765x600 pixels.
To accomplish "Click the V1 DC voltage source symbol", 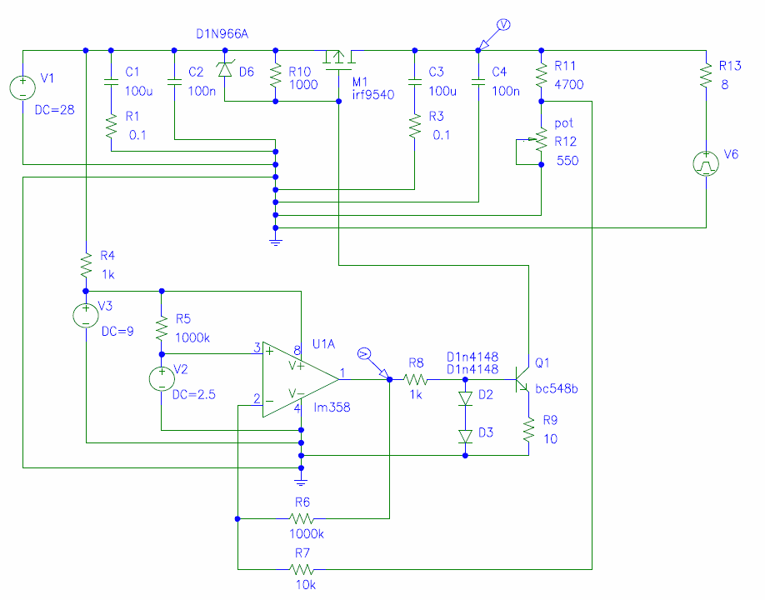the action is (x=22, y=87).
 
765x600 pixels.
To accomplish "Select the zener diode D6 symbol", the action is (x=224, y=69).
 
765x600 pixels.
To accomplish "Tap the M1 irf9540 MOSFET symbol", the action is (x=338, y=60).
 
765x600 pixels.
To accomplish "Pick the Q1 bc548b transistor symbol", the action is (x=522, y=379).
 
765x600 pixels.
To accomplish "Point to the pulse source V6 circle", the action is (x=706, y=163).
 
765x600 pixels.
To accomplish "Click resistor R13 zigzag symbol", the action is (x=706, y=76).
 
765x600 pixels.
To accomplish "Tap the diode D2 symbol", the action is (x=465, y=398).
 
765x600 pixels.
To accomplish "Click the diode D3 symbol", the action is (x=465, y=436).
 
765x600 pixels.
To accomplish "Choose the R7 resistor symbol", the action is (x=301, y=569).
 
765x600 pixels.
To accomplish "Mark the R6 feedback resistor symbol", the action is (x=301, y=518).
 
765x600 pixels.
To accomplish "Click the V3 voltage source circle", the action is (x=85, y=316).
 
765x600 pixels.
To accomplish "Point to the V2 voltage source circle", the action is (x=162, y=379).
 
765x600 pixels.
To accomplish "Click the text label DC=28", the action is (x=55, y=110).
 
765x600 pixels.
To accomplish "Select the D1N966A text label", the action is (x=222, y=33).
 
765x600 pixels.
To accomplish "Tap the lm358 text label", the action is (x=332, y=407).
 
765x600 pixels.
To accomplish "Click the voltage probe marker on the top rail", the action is (x=493, y=35).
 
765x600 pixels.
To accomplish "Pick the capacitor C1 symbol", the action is (x=111, y=82).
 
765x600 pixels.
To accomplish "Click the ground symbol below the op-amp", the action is (x=301, y=481).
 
